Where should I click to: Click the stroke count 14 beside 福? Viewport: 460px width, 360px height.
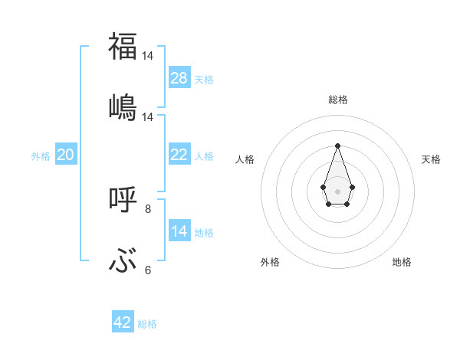[148, 56]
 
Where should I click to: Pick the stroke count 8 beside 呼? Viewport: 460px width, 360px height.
[148, 208]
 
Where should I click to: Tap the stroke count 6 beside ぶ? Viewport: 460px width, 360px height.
[148, 270]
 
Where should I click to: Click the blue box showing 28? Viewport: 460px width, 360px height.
[179, 78]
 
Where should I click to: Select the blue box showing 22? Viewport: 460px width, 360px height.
[179, 155]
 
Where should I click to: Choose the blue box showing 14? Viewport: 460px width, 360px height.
[179, 231]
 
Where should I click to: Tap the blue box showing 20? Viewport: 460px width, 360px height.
[65, 155]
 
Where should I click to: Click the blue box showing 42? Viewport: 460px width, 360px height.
[123, 322]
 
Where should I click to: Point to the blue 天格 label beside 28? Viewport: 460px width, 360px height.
[204, 79]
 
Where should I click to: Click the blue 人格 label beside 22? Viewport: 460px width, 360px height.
[204, 155]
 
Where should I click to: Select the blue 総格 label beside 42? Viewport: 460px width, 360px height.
[147, 323]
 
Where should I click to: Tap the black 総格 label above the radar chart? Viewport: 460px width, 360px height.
[337, 100]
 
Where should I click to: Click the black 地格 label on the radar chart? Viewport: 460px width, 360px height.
[402, 262]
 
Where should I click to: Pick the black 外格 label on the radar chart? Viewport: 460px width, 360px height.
[270, 262]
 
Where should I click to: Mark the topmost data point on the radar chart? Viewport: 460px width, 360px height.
[337, 146]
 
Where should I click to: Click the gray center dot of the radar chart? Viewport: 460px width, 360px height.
[337, 190]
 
